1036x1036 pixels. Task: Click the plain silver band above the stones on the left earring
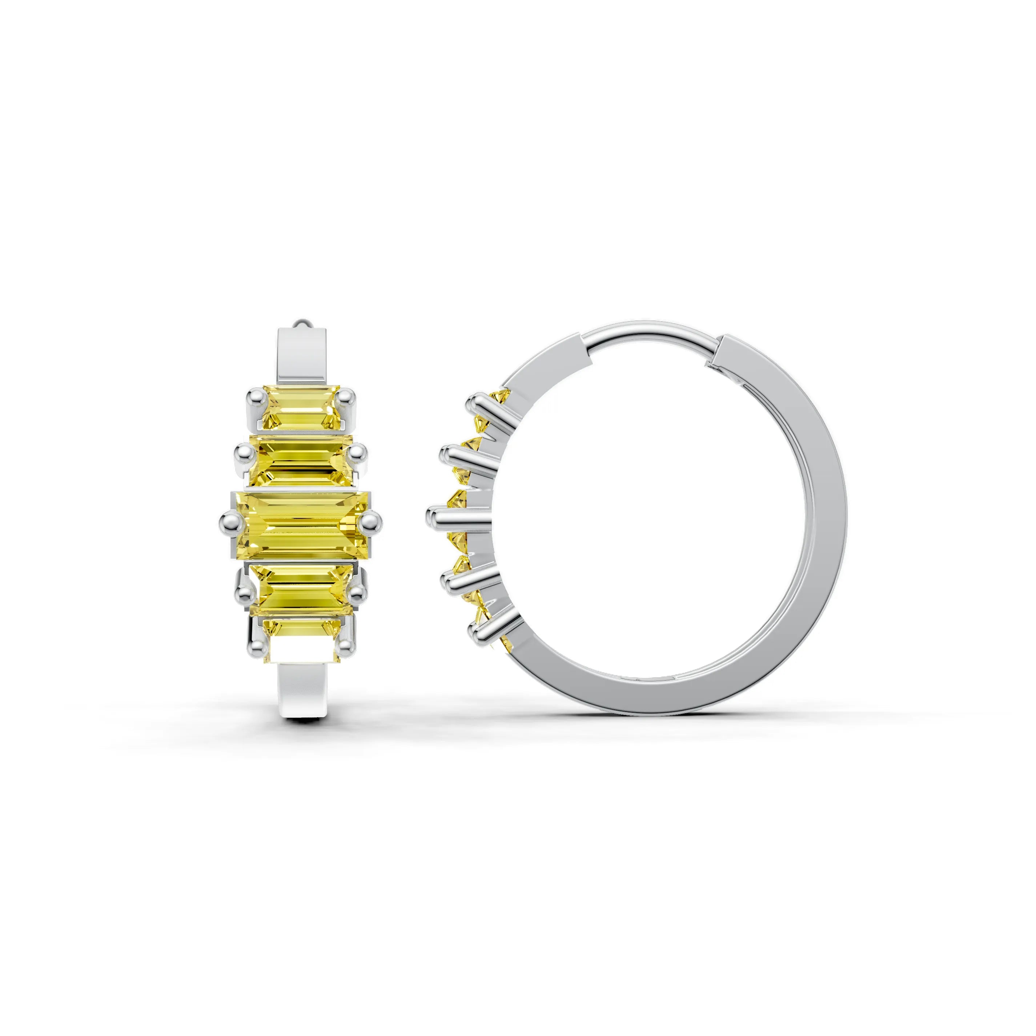[302, 357]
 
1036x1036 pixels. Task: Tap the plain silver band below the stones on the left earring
[302, 692]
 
